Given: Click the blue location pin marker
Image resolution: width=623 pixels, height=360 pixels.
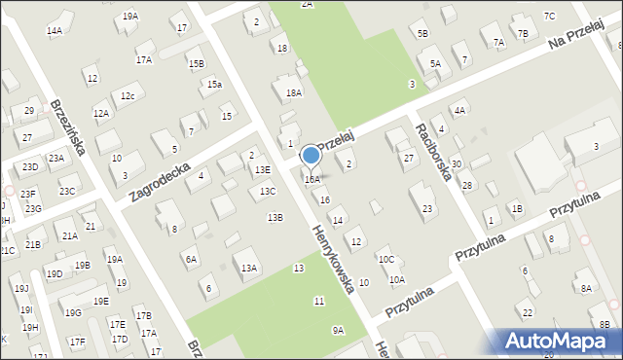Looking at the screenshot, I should coord(311,156).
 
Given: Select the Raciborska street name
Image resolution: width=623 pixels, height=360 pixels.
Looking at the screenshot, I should coord(432,151).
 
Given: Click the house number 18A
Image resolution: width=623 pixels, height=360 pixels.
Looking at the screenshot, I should coord(293,92).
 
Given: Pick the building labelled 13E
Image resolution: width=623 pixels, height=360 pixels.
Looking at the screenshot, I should coord(263,169).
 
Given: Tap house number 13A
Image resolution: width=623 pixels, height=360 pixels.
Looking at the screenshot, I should coord(249,268).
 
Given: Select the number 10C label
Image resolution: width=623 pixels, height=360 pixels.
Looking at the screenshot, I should coord(386,259).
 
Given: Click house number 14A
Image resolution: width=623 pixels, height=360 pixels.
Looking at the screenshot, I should coord(55,31).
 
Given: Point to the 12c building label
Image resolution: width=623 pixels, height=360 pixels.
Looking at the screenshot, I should coord(128,96).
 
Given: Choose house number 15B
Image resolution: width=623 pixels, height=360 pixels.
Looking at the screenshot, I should coord(197,63).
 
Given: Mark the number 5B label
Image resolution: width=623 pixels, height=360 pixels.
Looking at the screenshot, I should coord(422,34).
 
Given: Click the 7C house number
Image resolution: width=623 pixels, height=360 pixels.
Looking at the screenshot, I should coord(549,16).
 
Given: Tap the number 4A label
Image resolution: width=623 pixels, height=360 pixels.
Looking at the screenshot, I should coord(459,111).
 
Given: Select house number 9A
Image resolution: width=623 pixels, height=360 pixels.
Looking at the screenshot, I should coord(338,330).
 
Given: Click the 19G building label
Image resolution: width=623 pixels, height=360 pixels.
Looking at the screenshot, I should coord(73,312).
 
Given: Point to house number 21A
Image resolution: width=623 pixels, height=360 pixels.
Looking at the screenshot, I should coord(69,235).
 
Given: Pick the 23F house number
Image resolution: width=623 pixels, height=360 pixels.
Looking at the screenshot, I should coord(28,194).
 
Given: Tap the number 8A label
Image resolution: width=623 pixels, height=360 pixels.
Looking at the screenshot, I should coord(586,288).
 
